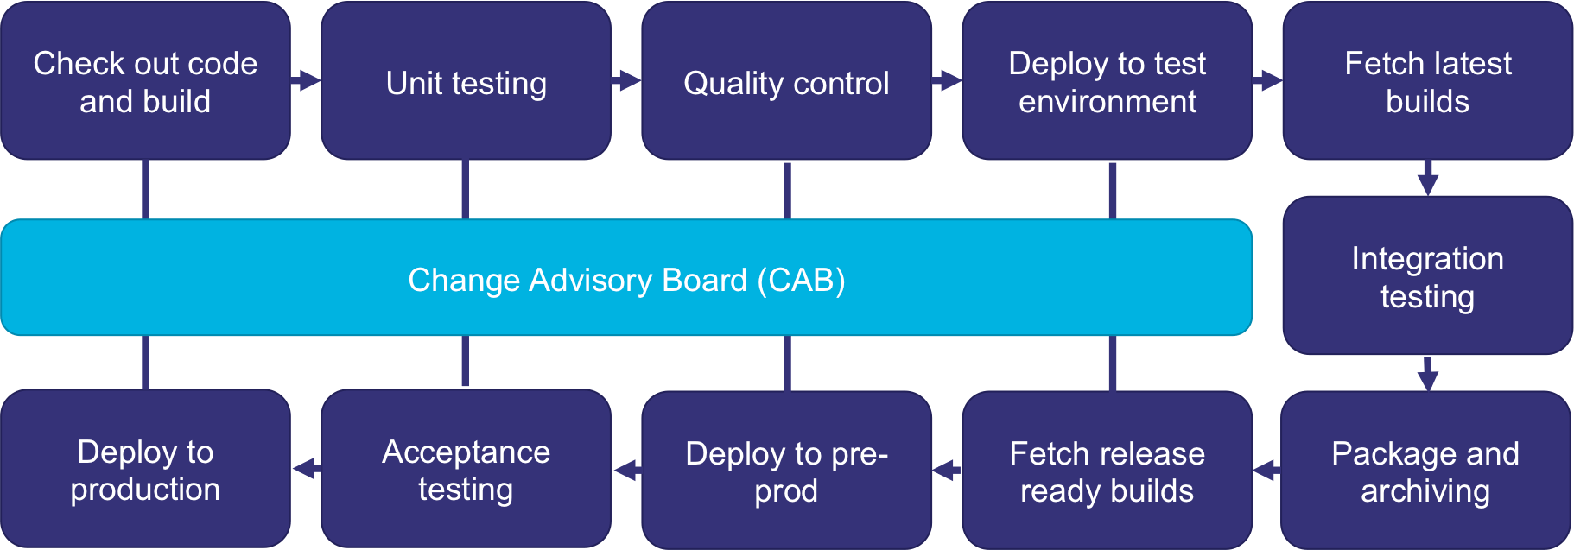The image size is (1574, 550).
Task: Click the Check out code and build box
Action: click(x=145, y=81)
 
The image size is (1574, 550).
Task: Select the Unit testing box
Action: click(x=466, y=81)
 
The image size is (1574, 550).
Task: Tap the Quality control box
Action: click(x=786, y=81)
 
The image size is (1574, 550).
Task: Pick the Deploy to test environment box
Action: click(x=1107, y=81)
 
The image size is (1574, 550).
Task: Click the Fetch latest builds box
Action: click(x=1427, y=81)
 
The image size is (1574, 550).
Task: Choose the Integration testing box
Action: click(x=1427, y=276)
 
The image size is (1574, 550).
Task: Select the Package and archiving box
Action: click(x=1425, y=471)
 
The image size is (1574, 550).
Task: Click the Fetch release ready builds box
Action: click(x=1107, y=471)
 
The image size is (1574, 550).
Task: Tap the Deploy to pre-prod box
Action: click(x=786, y=471)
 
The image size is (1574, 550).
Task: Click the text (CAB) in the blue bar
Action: click(x=801, y=280)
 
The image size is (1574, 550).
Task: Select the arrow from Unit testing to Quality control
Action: click(x=627, y=81)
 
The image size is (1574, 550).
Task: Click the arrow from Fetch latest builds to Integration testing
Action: click(x=1427, y=180)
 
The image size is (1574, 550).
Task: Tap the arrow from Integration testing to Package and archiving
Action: click(x=1427, y=375)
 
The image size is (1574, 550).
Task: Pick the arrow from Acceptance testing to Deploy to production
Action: click(x=306, y=469)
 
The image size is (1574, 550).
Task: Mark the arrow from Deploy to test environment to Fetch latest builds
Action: click(x=1267, y=81)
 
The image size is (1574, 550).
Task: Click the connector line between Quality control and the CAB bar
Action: click(x=787, y=191)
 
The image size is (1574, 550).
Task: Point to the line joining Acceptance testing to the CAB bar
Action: click(x=466, y=362)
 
